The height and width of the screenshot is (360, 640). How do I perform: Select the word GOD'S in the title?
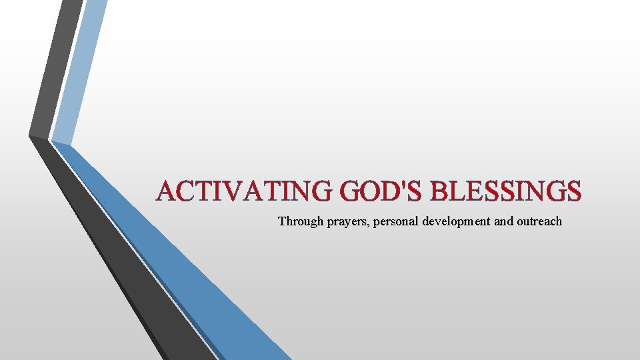(x=379, y=192)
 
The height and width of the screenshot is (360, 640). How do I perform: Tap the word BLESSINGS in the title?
(x=506, y=192)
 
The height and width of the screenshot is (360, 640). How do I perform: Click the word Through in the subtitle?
(x=301, y=221)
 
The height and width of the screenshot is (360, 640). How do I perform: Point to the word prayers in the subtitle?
(x=347, y=221)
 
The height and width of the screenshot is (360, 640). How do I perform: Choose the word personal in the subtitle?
(x=395, y=221)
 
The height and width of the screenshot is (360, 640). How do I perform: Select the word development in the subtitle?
(x=456, y=221)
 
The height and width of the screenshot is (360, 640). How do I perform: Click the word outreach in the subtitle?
(x=539, y=221)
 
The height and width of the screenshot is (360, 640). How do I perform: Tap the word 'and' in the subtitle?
(x=503, y=221)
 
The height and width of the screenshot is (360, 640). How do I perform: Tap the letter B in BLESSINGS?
(x=439, y=192)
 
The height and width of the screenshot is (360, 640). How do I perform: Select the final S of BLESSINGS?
(x=574, y=192)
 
